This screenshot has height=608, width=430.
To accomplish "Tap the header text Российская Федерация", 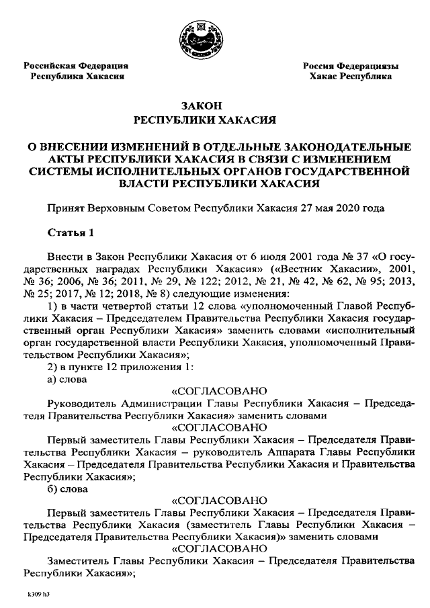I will (x=76, y=66).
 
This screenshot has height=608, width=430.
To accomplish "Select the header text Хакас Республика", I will (x=351, y=77).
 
